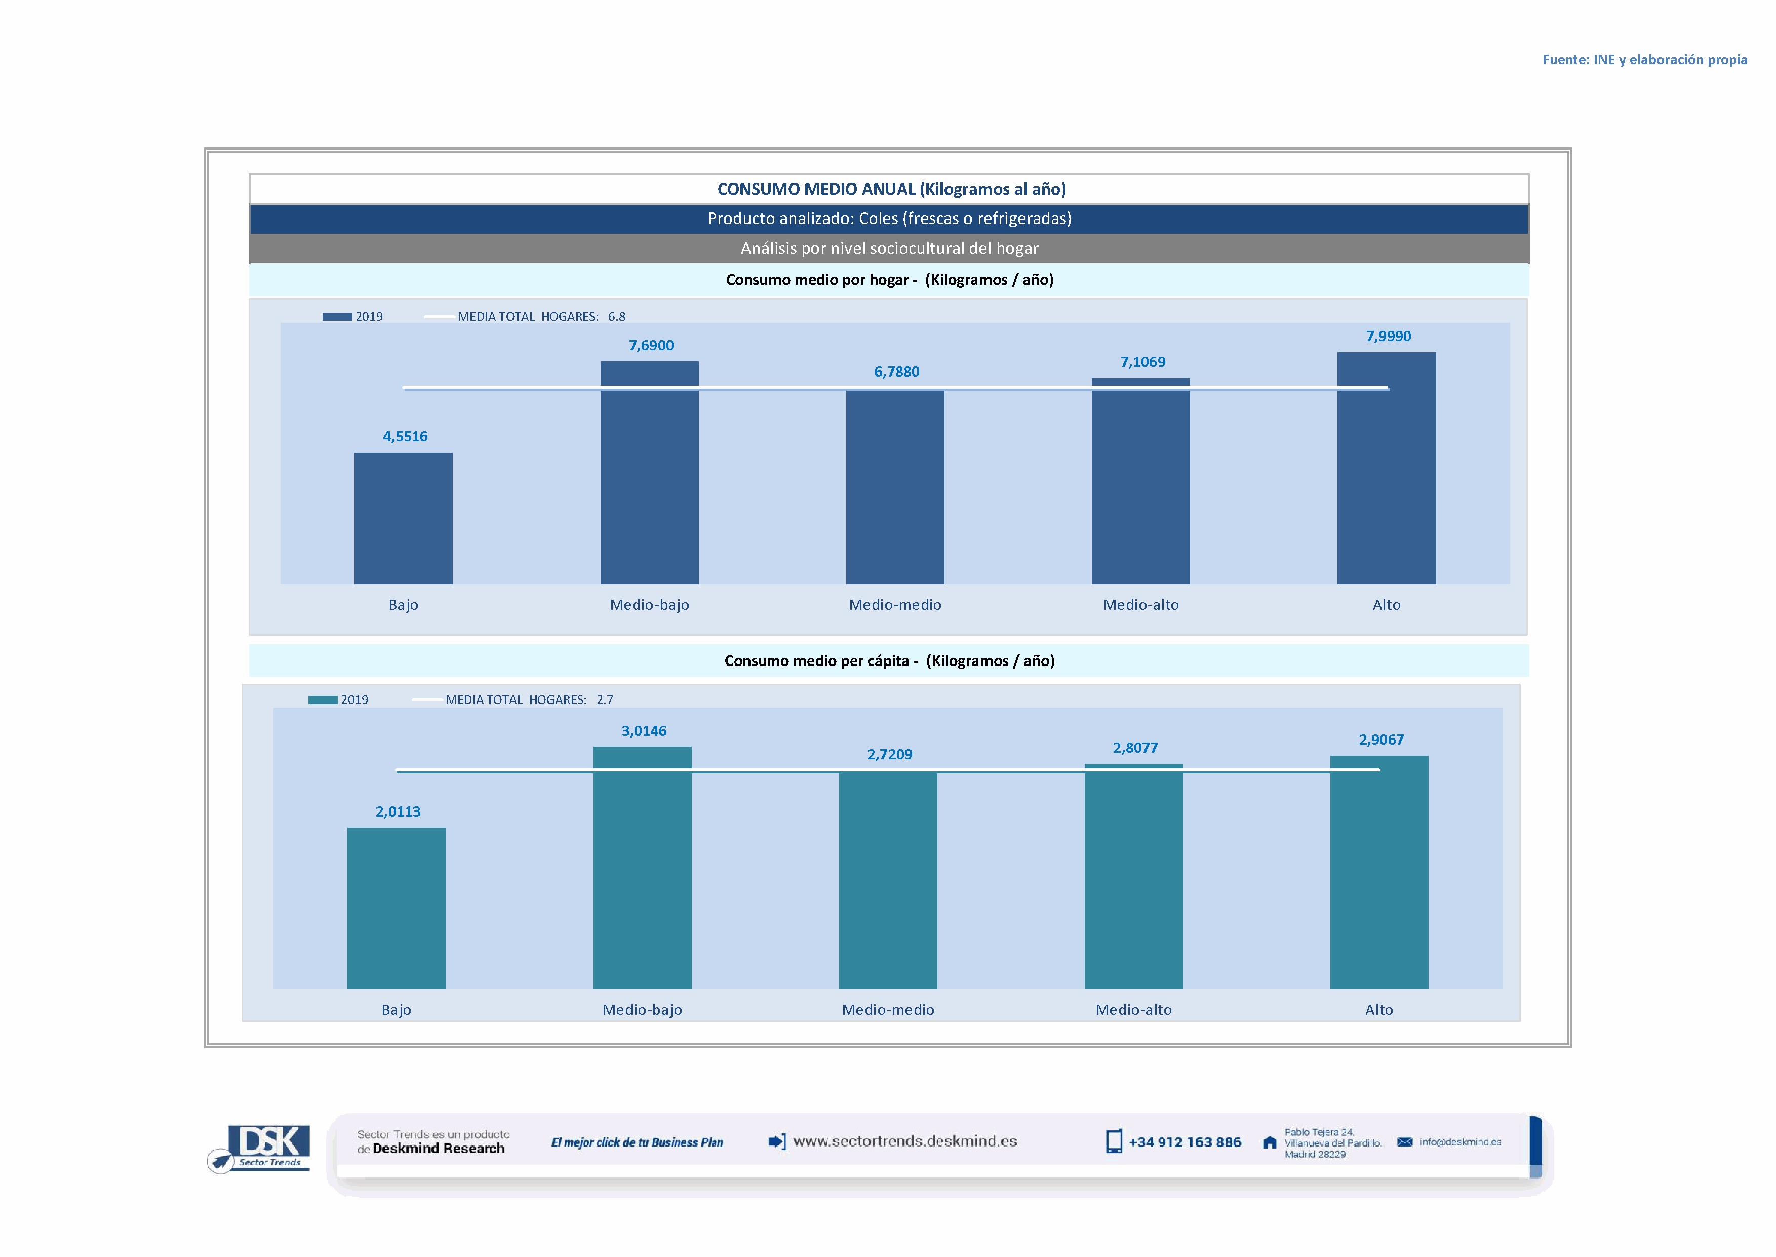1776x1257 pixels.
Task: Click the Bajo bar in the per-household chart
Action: point(403,518)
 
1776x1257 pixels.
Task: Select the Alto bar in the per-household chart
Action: point(1386,468)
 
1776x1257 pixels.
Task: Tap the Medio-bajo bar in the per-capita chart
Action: point(642,867)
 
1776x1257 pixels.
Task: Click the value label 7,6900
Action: point(651,345)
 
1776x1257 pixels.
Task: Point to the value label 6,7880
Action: point(896,372)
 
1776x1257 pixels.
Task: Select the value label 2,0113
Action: point(398,811)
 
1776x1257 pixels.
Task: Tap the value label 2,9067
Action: point(1380,739)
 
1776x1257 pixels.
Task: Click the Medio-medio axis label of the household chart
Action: point(895,605)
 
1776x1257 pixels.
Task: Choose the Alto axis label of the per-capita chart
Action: point(1378,1009)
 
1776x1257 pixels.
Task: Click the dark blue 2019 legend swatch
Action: point(336,317)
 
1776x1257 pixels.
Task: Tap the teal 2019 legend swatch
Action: point(323,699)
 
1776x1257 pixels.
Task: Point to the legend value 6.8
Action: point(616,317)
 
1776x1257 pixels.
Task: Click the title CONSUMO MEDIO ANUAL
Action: point(891,189)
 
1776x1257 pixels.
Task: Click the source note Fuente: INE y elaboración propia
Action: point(1644,60)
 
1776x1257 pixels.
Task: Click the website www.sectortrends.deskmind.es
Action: point(904,1141)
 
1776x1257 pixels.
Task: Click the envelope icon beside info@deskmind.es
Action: point(1404,1141)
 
